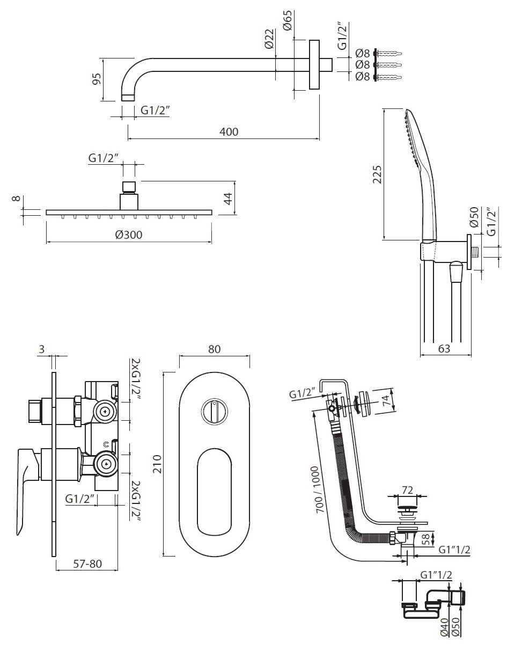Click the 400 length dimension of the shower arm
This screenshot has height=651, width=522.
(229, 131)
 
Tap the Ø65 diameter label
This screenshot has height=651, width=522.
(288, 20)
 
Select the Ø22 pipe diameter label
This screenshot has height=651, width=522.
(269, 39)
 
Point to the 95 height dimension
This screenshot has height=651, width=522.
(97, 79)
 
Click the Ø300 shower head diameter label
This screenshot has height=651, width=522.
(129, 235)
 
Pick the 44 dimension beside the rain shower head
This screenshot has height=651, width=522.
(229, 199)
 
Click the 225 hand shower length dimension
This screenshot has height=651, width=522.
(377, 174)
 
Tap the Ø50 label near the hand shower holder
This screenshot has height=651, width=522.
(474, 217)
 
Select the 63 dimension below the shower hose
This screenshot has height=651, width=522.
(444, 348)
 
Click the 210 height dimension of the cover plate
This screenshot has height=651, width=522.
(157, 464)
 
